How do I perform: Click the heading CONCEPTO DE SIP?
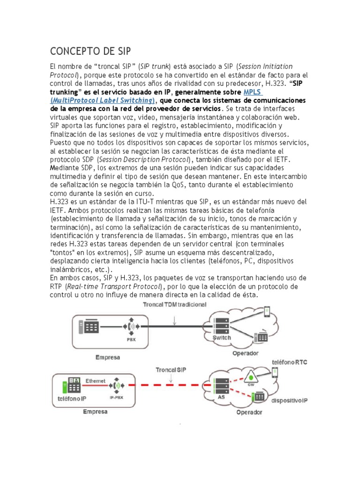pyautogui.click(x=90, y=51)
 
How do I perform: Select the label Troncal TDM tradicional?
pyautogui.click(x=174, y=305)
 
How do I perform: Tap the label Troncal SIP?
pyautogui.click(x=171, y=370)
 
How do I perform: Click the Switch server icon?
pyautogui.click(x=221, y=327)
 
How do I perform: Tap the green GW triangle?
pyautogui.click(x=252, y=376)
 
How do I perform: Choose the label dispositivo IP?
pyautogui.click(x=289, y=401)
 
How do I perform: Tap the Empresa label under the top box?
pyautogui.click(x=107, y=357)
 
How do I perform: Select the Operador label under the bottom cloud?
pyautogui.click(x=249, y=412)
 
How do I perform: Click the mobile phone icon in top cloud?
pyautogui.click(x=267, y=311)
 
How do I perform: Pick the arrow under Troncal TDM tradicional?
pyautogui.click(x=174, y=319)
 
